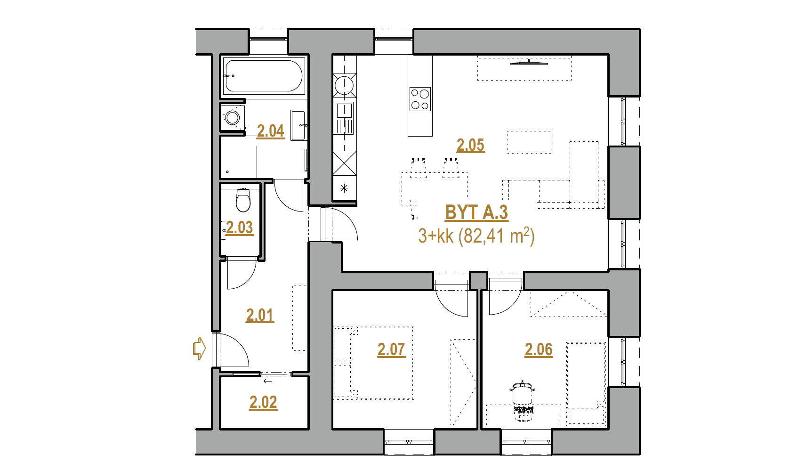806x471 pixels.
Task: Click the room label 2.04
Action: pos(271,131)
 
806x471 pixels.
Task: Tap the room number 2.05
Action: pos(471,146)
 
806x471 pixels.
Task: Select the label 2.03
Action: pos(240,228)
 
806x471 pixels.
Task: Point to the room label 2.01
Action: pos(260,316)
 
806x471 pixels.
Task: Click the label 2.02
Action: pos(263,403)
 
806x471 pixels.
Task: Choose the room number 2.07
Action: pos(392,349)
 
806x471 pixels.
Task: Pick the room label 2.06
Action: pos(538,349)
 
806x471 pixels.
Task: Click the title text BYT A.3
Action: pos(476,213)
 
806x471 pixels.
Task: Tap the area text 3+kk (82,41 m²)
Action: pos(476,236)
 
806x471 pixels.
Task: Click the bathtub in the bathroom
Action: pos(264,76)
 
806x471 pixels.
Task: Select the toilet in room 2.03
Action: pos(243,200)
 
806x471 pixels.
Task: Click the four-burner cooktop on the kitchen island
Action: pos(420,99)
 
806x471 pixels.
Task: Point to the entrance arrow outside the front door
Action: pos(200,349)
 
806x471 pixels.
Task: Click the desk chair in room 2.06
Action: pos(522,399)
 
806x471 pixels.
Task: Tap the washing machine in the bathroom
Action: pos(233,117)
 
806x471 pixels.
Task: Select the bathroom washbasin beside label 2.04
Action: pos(298,125)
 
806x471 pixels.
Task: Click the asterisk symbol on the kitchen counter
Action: pos(344,188)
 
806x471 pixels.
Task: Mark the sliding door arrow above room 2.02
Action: pos(268,381)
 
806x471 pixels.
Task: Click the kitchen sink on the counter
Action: pos(344,119)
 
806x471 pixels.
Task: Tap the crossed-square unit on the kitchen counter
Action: pos(345,163)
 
